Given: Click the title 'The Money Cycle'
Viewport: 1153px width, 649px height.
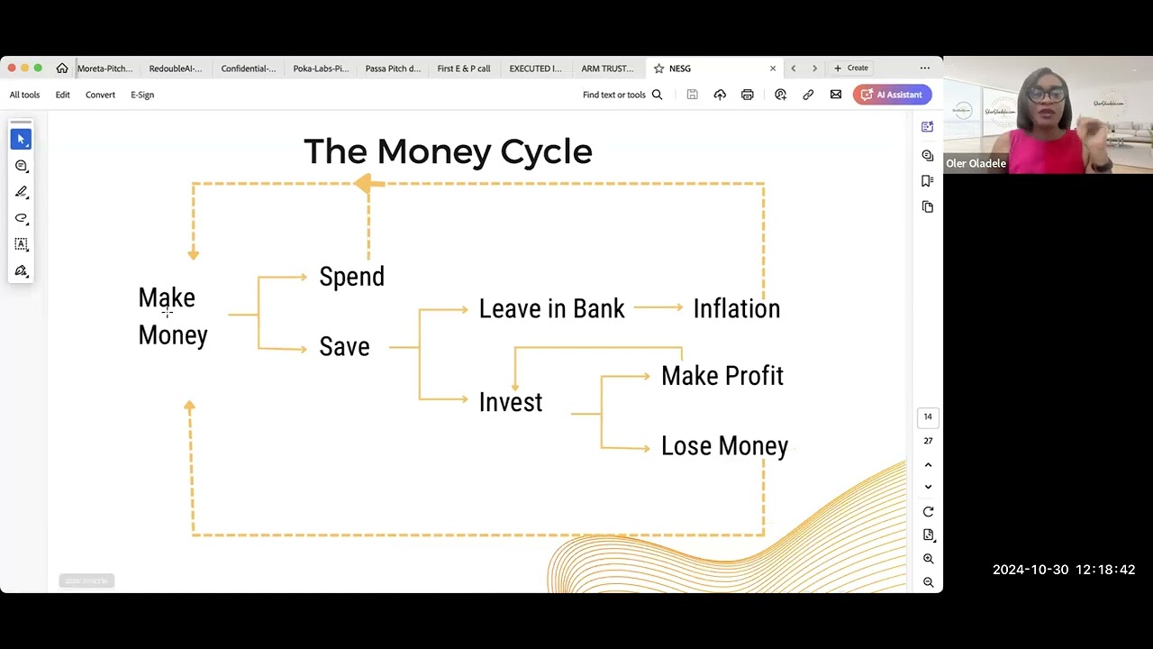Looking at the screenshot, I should (x=448, y=151).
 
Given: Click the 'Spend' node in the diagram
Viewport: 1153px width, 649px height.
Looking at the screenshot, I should (x=351, y=277).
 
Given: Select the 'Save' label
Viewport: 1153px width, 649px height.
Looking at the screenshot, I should (x=344, y=347).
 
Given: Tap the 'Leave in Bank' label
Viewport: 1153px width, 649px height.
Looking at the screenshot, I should (x=551, y=309).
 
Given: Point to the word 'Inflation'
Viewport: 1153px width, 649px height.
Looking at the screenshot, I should (x=736, y=309).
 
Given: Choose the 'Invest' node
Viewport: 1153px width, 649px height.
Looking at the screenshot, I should (x=510, y=402).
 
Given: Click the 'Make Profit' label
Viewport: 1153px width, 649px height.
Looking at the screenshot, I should (x=722, y=376).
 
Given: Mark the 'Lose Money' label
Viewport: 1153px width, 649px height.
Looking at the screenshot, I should (x=724, y=446).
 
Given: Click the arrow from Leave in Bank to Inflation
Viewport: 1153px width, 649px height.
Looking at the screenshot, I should (x=658, y=308).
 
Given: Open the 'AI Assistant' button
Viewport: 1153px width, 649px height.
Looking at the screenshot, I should (x=892, y=95).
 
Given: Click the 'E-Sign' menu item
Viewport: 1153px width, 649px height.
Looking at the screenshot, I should (x=142, y=95).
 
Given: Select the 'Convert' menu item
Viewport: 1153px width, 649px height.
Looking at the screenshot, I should (x=100, y=95).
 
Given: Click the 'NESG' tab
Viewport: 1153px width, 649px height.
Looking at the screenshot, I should (x=680, y=69).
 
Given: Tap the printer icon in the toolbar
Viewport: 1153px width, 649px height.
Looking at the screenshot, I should (x=747, y=95).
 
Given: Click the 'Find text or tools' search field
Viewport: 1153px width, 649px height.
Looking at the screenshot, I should (x=622, y=95).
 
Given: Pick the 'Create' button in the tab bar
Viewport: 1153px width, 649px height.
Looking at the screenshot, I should (x=851, y=69).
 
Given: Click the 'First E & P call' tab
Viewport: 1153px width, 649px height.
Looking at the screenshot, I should (x=464, y=69).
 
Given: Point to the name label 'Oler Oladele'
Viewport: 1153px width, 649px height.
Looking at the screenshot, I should (x=976, y=164).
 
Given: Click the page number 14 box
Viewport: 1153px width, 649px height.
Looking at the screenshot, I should (x=928, y=416).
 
